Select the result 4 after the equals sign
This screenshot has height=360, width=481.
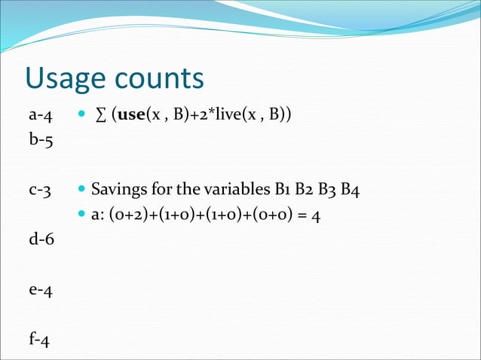[317, 215]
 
